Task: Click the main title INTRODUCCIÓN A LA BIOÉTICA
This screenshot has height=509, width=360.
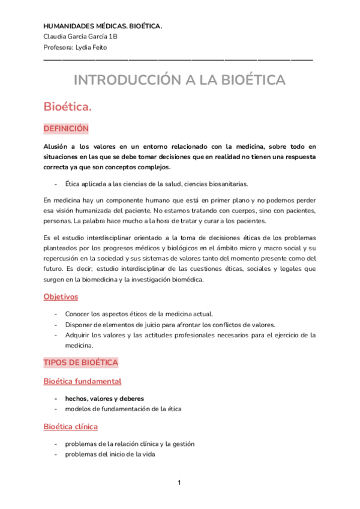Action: (179, 80)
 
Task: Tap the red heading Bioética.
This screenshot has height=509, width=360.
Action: (67, 107)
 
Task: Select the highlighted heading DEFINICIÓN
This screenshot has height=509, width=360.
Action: (66, 128)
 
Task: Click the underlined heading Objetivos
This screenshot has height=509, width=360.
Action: (61, 297)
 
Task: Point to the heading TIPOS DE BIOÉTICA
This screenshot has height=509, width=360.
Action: (80, 363)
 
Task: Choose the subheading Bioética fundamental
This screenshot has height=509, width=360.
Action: (82, 381)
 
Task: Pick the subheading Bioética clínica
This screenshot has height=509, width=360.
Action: (71, 426)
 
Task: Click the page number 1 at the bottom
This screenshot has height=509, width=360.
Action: (179, 483)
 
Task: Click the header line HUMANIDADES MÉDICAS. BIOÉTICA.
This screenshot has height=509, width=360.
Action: (103, 26)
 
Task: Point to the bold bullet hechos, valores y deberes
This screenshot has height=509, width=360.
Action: (104, 398)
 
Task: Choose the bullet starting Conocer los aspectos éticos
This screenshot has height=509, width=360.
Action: (139, 313)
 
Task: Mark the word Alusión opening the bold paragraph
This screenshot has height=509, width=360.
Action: (55, 146)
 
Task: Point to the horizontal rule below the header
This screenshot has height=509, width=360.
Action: (178, 59)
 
